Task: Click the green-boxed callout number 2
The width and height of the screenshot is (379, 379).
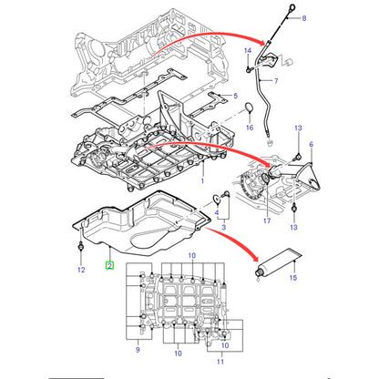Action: pos(109,266)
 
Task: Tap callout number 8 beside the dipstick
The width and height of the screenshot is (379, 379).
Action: pos(304,18)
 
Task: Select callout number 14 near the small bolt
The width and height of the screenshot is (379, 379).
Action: pos(248,50)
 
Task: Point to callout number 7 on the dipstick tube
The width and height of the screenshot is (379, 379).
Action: pos(276,81)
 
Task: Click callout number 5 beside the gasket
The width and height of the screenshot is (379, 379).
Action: pos(235,96)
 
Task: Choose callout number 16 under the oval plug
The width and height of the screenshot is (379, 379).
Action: pos(250,128)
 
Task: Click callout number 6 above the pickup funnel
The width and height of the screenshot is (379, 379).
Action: pos(312,144)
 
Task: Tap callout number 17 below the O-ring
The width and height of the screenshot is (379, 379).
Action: pos(267,220)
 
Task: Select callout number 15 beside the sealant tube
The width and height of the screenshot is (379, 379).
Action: pos(293,278)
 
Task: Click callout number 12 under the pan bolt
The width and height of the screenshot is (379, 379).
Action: pos(81,270)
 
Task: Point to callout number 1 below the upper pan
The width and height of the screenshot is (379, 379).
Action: pos(202,181)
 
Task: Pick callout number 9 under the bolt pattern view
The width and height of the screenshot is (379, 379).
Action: pos(138,350)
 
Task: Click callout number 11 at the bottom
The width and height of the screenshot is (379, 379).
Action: pos(220,362)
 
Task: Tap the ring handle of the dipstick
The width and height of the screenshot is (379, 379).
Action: pos(292,7)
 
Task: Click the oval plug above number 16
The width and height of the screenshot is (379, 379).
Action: pos(250,108)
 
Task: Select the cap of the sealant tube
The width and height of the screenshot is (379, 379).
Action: pos(259,272)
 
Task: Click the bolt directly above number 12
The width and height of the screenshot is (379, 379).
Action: pos(81,247)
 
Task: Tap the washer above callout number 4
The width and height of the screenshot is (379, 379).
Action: pos(217,199)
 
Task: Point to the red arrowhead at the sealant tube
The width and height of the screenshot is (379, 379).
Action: pos(253,257)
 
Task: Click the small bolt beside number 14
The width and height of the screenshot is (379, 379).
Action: pos(249,70)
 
